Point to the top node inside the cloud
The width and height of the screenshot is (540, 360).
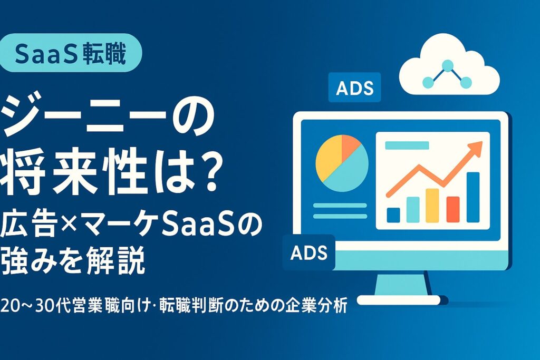(x=448, y=66)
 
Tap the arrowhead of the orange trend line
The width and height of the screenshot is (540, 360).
(x=477, y=147)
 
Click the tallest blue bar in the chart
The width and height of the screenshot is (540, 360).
(x=472, y=197)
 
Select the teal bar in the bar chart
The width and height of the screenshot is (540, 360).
(x=412, y=209)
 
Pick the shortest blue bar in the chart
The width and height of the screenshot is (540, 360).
(x=393, y=215)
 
